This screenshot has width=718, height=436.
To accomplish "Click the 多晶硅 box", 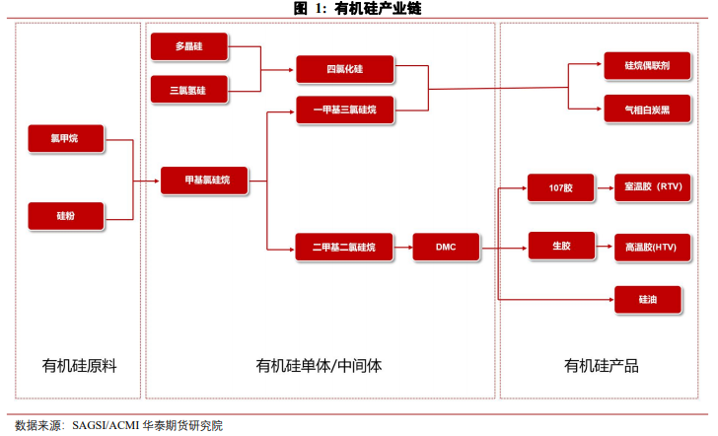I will (188, 46).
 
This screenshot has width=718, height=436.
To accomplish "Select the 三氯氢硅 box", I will (188, 90).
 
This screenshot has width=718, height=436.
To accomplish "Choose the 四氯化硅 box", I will (345, 69).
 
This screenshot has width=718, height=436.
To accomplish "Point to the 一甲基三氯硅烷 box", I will (345, 110).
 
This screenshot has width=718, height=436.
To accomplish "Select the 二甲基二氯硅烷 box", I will (343, 247).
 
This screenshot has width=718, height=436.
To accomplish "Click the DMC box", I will (446, 247).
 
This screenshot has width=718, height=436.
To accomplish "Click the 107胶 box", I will (562, 186).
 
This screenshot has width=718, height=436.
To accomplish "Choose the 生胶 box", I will (562, 246).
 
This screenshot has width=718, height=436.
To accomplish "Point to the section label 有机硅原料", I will (80, 366).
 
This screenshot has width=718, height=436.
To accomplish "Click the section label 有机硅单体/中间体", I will (319, 366).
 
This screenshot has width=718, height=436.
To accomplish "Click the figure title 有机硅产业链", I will (358, 9).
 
